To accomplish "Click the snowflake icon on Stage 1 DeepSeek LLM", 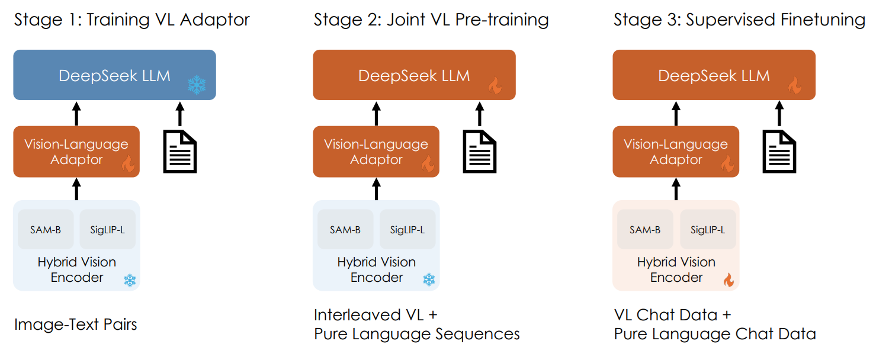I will [196, 85].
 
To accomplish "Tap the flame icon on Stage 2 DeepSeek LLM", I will [495, 86].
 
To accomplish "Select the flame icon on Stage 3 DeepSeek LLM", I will [795, 86].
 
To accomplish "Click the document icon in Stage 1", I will [180, 152].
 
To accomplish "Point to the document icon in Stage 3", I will [779, 152].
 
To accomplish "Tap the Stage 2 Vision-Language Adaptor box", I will [376, 152].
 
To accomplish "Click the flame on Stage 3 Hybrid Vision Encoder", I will [728, 280].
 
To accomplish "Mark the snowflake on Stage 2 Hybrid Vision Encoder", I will [429, 280].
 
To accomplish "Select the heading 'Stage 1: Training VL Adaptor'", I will [132, 20].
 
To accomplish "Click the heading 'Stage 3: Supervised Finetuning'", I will [739, 20].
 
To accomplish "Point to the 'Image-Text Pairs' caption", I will [76, 324].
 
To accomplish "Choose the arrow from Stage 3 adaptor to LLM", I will [676, 113].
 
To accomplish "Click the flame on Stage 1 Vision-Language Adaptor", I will [128, 164].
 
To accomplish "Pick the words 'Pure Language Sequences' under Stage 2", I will [417, 334].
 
